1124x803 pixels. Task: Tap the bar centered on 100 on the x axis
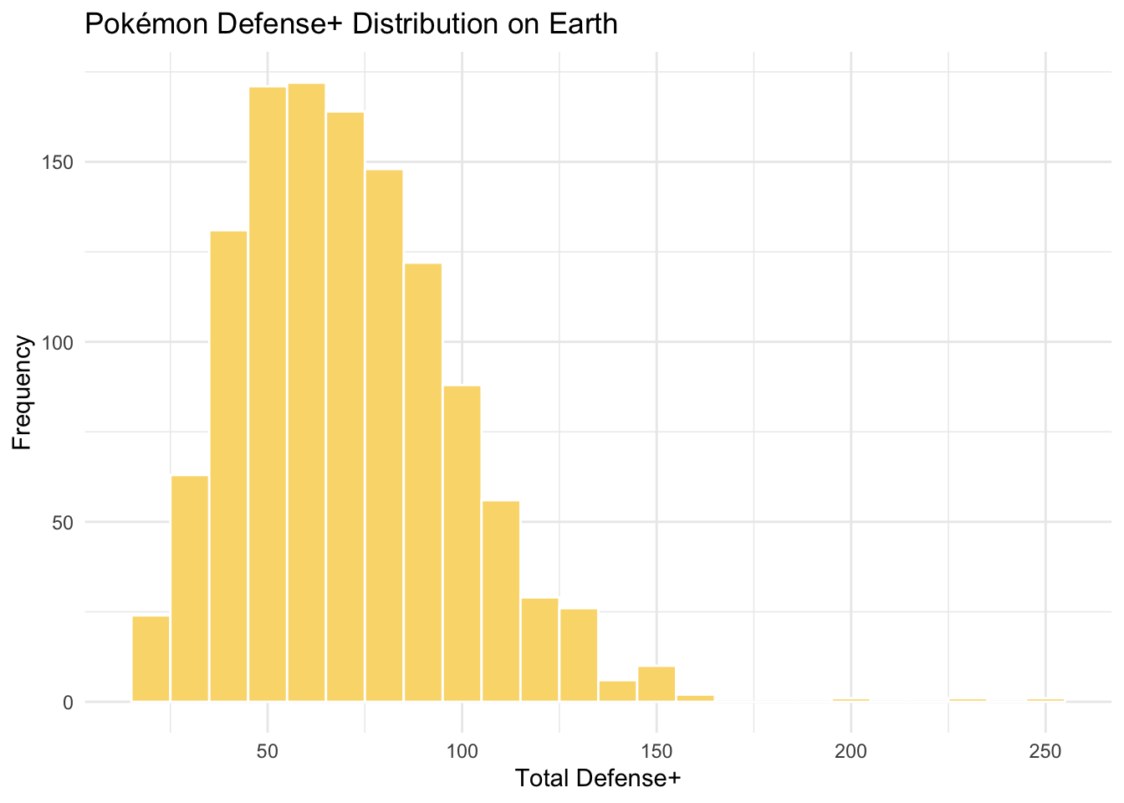462,543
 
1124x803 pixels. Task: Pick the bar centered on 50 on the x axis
268,393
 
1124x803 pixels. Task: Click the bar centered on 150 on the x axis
657,684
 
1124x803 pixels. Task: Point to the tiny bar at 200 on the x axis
851,699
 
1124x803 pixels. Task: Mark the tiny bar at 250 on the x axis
1045,699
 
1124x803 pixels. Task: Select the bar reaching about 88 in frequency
462,543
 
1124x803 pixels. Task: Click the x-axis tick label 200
851,750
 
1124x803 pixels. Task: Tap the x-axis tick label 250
1045,750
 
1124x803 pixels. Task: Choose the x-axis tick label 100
462,750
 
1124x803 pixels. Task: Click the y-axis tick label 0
69,703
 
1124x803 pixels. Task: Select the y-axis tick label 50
65,523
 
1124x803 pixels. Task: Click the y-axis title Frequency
23,392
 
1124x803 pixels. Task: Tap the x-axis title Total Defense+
598,779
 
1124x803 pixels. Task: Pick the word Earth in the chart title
584,24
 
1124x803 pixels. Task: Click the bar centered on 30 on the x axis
190,588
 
